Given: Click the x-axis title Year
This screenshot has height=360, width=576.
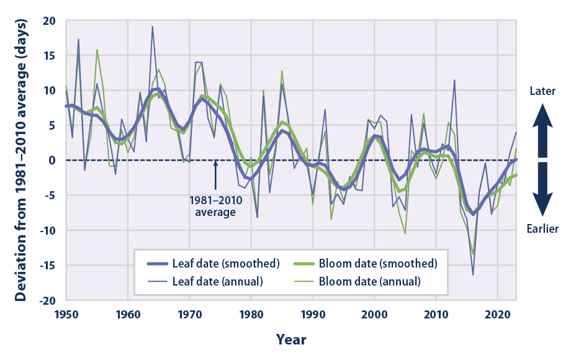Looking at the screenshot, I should pyautogui.click(x=291, y=340).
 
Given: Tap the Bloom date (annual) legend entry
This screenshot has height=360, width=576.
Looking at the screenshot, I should pyautogui.click(x=373, y=281).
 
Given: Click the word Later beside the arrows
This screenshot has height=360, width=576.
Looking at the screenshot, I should pyautogui.click(x=542, y=91).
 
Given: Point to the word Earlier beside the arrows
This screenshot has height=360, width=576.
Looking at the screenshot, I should pyautogui.click(x=542, y=229).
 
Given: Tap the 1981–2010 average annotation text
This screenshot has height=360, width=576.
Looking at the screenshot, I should pyautogui.click(x=215, y=206).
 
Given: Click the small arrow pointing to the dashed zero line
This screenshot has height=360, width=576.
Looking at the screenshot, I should pyautogui.click(x=215, y=175).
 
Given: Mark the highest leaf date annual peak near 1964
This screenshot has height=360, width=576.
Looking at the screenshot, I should pyautogui.click(x=152, y=27).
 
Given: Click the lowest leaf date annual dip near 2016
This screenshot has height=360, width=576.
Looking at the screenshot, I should pyautogui.click(x=473, y=274).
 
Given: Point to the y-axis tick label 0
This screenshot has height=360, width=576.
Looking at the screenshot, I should pyautogui.click(x=53, y=160).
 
